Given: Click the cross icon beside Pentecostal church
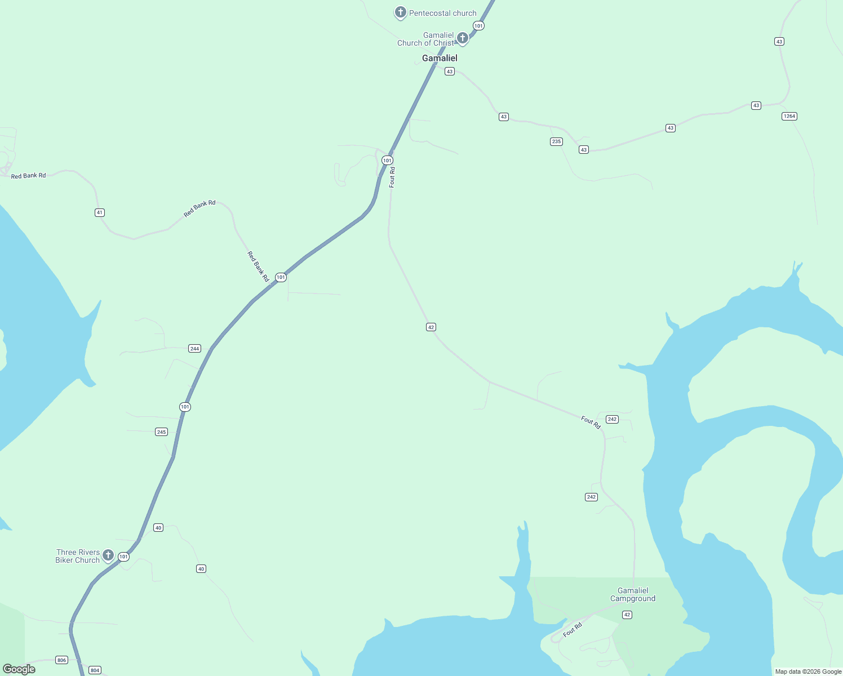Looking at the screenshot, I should [400, 12].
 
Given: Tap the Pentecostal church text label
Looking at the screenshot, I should [443, 13].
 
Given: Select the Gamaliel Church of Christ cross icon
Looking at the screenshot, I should [462, 38].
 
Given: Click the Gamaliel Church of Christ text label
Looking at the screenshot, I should [426, 39].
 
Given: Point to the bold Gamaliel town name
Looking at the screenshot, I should [440, 58].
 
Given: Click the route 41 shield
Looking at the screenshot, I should [100, 212].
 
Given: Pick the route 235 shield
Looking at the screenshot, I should [556, 141].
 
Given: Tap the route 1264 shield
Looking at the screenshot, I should [789, 116].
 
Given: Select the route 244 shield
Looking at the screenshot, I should [194, 349].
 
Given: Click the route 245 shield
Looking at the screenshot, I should [161, 432].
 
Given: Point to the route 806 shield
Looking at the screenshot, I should [61, 660].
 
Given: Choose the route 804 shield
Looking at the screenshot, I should [95, 670].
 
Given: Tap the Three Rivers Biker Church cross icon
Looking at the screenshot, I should [108, 555].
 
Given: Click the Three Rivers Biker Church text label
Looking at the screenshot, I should [78, 556].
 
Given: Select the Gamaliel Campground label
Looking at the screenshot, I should [633, 594].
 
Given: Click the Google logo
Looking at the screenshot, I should [19, 669].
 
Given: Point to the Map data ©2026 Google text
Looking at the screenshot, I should [808, 671].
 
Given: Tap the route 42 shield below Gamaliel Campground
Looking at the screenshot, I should [627, 615].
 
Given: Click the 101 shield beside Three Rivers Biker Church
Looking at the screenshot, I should [123, 557].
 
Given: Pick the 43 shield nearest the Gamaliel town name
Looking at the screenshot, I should [449, 72].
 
